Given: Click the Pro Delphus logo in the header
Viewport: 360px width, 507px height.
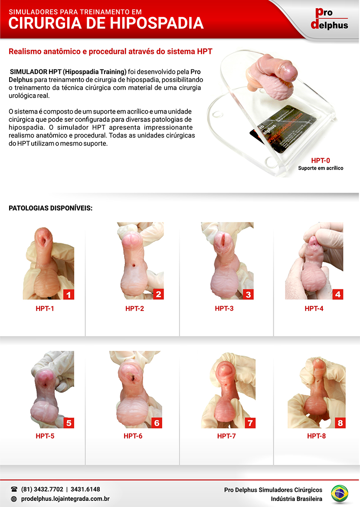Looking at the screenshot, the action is point(329,19).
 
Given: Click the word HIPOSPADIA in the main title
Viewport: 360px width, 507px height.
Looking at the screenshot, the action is point(157,23).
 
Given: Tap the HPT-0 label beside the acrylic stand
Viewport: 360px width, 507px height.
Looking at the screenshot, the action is point(321,161).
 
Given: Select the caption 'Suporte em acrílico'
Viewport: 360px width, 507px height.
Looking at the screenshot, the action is point(321,168).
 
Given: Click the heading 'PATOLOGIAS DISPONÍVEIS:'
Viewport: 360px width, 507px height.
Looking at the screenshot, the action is point(50,208).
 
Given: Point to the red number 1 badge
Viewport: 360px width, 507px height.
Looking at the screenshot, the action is point(69,294).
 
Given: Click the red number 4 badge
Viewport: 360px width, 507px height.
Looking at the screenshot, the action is point(338,294).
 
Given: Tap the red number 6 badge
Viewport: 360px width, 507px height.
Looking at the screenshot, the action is point(157,423).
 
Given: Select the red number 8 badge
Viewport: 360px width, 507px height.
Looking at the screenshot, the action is point(340,423).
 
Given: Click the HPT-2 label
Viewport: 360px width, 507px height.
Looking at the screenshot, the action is point(134,308).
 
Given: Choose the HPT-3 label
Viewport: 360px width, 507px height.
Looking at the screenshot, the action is point(224,308).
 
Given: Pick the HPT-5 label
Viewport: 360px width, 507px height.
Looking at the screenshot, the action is point(45,436).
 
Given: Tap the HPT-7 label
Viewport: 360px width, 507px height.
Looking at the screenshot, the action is point(226,436).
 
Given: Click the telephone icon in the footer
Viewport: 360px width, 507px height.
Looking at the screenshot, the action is point(14,489).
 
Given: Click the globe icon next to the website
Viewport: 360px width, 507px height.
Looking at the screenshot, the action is point(14,499).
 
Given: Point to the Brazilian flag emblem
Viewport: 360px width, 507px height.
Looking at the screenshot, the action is point(340,494).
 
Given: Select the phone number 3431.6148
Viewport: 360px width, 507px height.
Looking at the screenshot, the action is point(85,489).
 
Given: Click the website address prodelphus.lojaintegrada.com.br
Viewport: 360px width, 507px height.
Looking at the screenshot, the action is point(65,499).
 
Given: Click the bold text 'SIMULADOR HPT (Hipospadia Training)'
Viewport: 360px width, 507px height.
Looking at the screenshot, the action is point(68,72).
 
